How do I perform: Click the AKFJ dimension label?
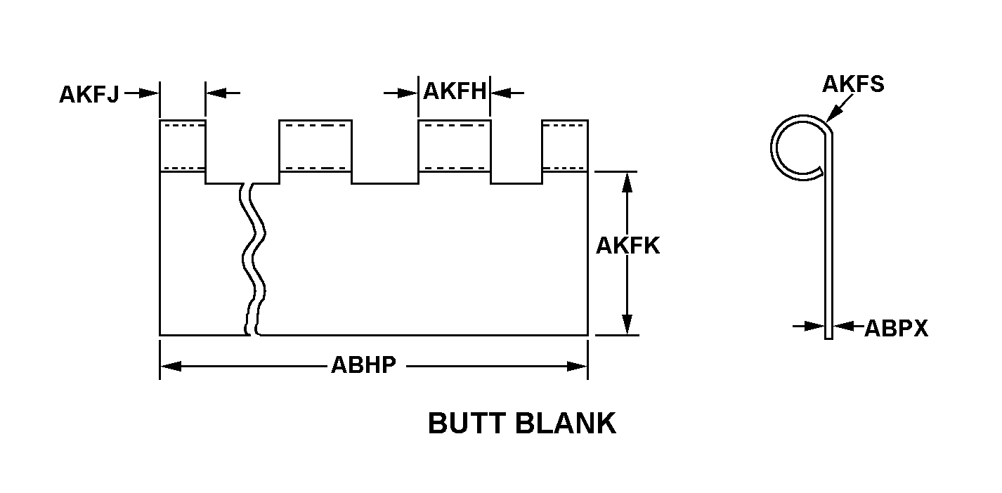coord(89,95)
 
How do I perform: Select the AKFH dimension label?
coord(455,92)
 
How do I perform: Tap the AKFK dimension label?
coord(627,246)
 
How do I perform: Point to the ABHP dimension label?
coord(363,366)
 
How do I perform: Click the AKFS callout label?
coord(852,84)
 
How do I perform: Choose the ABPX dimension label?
coord(896,328)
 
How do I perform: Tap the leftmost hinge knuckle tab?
coord(183,146)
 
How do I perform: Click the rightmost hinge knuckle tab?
coord(564,146)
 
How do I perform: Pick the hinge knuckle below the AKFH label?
coord(454,146)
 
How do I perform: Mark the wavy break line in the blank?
coord(254,260)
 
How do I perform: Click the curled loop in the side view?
coord(798,145)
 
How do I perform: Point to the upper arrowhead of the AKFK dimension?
coord(627,181)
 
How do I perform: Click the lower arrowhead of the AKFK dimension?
coord(627,325)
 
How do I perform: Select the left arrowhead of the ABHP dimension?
coord(171,366)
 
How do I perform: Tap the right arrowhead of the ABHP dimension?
coord(577,366)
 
